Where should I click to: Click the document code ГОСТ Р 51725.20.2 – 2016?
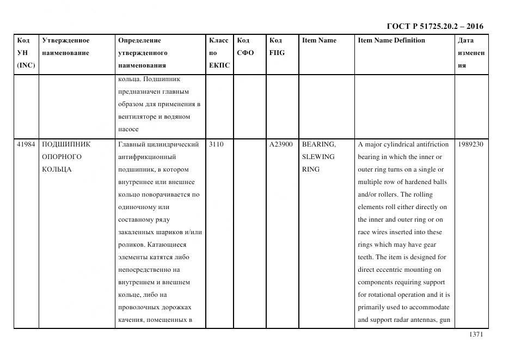[x=434, y=26]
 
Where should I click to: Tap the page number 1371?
[x=476, y=335]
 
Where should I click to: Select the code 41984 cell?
[x=26, y=144]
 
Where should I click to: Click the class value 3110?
[x=216, y=144]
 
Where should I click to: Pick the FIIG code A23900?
[x=281, y=144]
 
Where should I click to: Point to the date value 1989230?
[x=471, y=144]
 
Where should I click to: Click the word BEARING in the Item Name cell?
[x=318, y=144]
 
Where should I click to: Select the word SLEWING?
[x=318, y=157]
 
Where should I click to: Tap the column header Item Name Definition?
[x=391, y=40]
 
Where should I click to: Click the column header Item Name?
[x=319, y=40]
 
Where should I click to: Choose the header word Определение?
[x=139, y=40]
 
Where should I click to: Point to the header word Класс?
[x=218, y=40]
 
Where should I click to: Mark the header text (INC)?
[x=26, y=65]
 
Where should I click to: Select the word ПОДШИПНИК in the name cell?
[x=66, y=144]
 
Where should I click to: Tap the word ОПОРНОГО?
[x=62, y=157]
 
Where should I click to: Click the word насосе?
[x=128, y=129]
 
